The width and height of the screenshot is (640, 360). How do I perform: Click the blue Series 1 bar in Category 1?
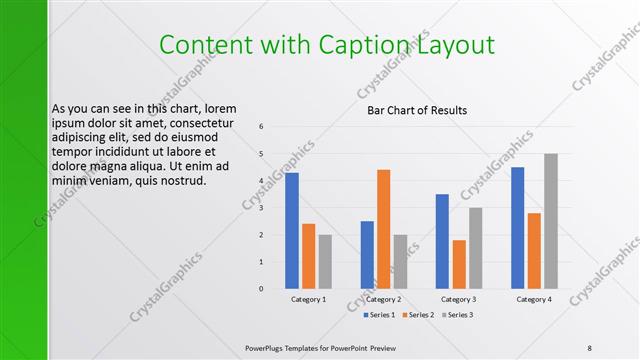[x=292, y=231]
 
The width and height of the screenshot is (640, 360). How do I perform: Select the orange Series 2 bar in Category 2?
[x=384, y=229]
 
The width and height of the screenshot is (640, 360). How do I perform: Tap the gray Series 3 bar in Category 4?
[x=550, y=221]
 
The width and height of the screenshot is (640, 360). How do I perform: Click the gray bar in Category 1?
[x=325, y=261]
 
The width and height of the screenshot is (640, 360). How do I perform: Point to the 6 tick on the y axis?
[x=261, y=127]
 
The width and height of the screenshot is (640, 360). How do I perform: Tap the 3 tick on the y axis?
[x=261, y=208]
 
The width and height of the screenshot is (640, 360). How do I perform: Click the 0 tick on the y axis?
[x=261, y=289]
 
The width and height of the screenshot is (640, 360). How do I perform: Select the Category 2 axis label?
[x=383, y=299]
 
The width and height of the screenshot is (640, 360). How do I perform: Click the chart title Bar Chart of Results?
[x=417, y=110]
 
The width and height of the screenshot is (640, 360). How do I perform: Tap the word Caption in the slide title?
[x=375, y=44]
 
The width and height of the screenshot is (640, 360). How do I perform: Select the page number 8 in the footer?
[x=590, y=347]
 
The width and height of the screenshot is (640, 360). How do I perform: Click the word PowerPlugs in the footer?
[x=265, y=347]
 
